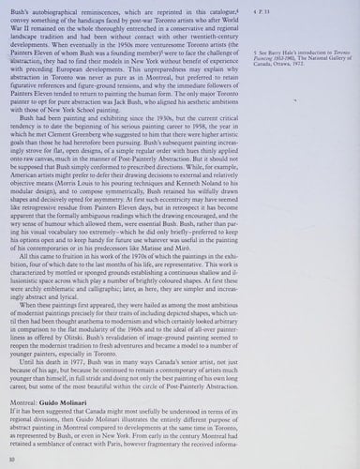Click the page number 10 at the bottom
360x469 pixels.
(x=11, y=458)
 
